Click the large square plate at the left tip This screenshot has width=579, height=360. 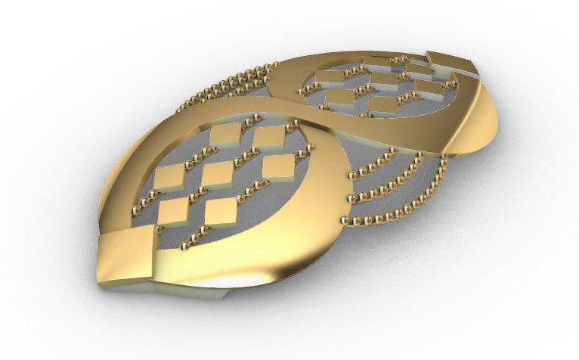pyautogui.click(x=125, y=256)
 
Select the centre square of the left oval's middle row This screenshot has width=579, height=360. pyautogui.click(x=219, y=173)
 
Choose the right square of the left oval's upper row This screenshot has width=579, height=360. pyautogui.click(x=268, y=136)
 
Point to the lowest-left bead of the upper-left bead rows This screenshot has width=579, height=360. pyautogui.click(x=179, y=110)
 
